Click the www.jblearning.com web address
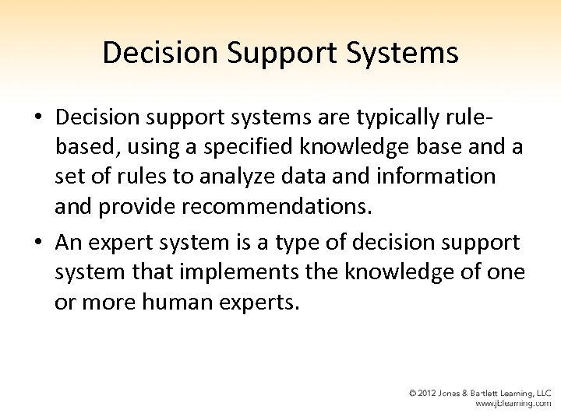pos(513,404)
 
